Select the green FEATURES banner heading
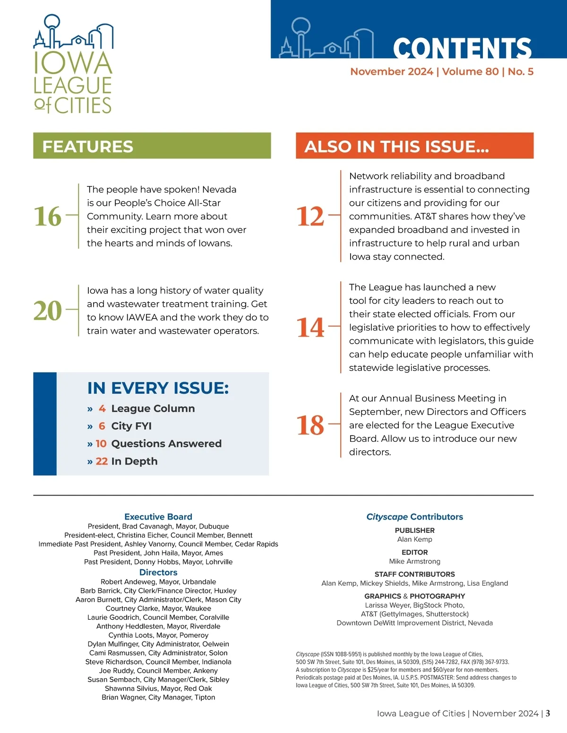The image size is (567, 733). [88, 146]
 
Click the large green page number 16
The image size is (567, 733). [48, 216]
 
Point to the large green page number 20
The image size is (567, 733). [48, 311]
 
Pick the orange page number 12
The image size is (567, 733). [310, 216]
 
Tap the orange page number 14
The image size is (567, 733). [310, 327]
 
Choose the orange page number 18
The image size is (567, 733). [310, 425]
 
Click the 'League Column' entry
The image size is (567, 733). [153, 408]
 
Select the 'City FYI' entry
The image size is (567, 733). [131, 426]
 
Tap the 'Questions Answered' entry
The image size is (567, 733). [166, 444]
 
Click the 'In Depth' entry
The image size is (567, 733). [134, 461]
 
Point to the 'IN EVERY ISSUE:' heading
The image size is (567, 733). [158, 388]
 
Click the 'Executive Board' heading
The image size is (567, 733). [158, 517]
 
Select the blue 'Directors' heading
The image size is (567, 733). [158, 573]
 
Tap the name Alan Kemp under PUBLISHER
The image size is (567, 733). [414, 539]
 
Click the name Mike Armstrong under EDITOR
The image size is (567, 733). [414, 561]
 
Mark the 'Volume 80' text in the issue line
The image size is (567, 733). [470, 72]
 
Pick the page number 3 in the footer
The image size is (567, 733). [548, 714]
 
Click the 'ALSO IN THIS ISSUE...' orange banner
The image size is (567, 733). [396, 146]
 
